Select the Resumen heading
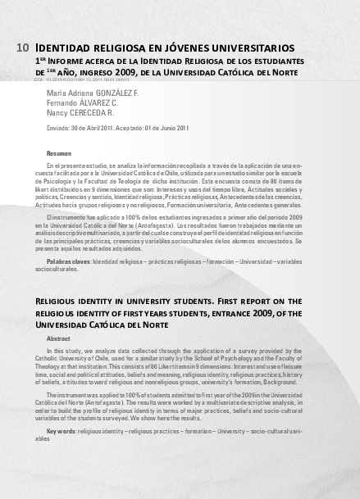[59, 153]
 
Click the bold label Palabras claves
[68, 260]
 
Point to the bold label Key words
[62, 430]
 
